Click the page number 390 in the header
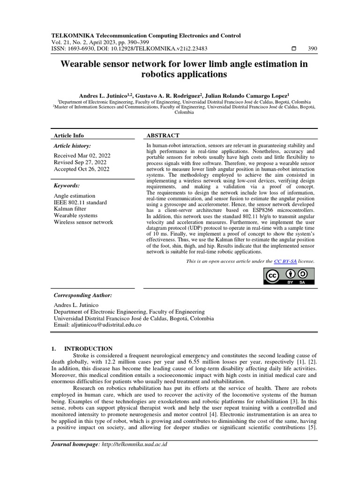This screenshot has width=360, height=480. [x=312, y=48]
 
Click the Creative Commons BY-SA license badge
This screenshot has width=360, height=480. [x=288, y=277]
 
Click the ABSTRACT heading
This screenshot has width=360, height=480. [x=163, y=135]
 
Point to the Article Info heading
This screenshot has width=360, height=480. [x=69, y=135]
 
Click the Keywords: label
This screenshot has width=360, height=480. [x=67, y=186]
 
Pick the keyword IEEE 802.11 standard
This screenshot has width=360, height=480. [x=80, y=202]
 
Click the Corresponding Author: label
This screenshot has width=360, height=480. [x=83, y=296]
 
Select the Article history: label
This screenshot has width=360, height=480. [x=73, y=146]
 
